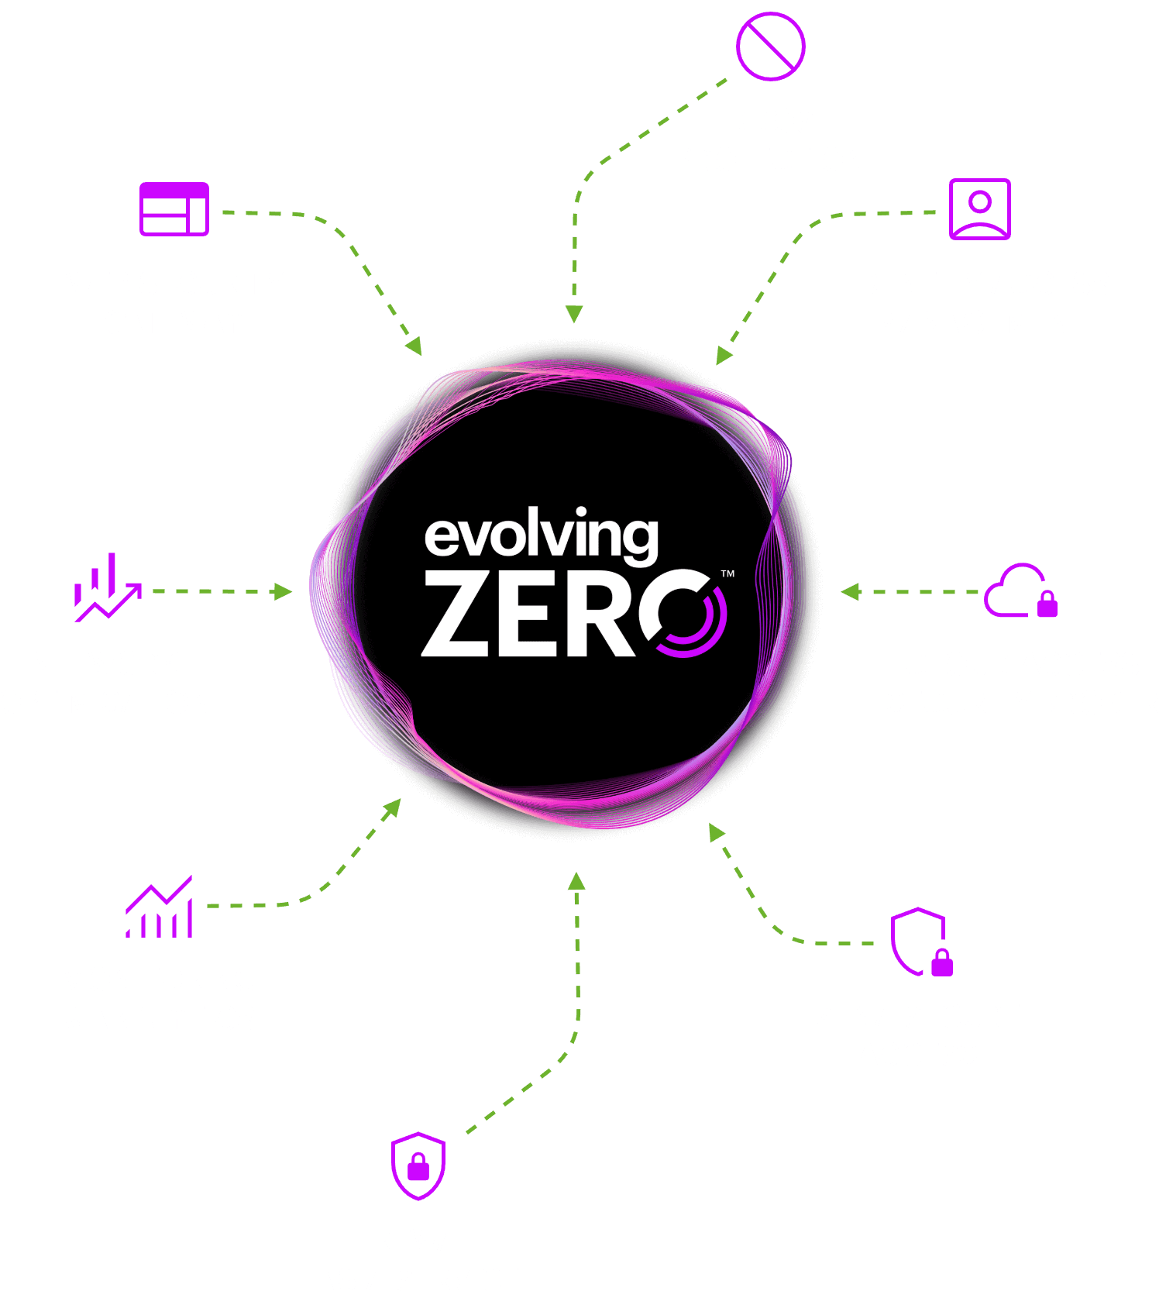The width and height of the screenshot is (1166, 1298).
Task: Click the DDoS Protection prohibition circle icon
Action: point(770,46)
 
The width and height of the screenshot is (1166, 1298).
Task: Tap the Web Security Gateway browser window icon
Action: point(174,209)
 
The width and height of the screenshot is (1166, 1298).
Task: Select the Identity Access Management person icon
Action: point(980,209)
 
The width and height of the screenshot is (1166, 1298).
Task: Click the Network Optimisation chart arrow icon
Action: point(108,588)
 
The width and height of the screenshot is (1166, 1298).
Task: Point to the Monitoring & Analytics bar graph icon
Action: point(160,907)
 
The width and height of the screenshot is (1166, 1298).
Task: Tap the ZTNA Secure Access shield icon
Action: point(921,942)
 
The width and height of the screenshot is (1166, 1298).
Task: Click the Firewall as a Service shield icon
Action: point(418,1165)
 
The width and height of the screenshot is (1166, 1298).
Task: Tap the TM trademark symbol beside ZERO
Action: point(727,574)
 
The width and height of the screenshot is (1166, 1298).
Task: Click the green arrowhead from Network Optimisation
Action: point(284,592)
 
